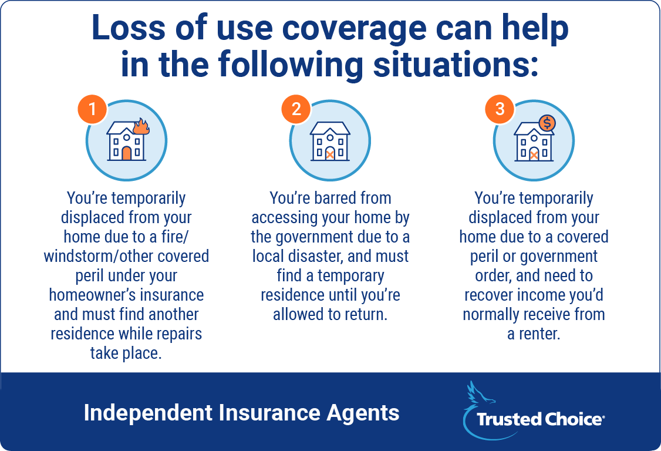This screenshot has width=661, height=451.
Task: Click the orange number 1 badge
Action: [x=92, y=109]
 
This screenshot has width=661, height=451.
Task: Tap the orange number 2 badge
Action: [x=296, y=109]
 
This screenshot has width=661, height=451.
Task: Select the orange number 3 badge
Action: [x=500, y=109]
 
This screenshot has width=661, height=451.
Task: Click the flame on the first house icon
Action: [x=141, y=126]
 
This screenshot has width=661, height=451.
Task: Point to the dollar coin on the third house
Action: [x=547, y=123]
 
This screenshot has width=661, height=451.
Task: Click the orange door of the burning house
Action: [x=126, y=153]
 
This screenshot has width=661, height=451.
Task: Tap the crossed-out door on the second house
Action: [x=330, y=154]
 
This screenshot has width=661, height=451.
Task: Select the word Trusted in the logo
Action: [x=508, y=419]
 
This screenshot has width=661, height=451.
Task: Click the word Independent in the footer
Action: [x=148, y=413]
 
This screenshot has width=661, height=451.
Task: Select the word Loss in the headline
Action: [x=129, y=28]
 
